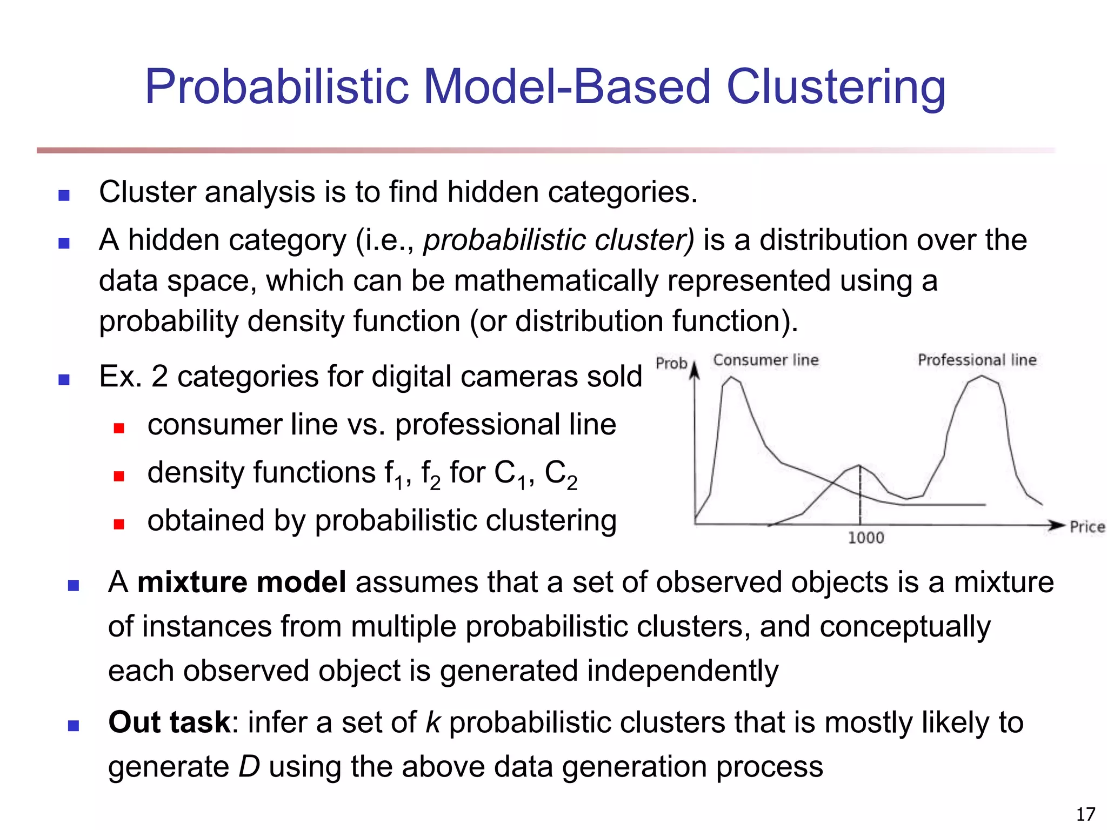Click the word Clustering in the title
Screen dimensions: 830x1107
click(835, 88)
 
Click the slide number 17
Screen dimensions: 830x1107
click(1085, 814)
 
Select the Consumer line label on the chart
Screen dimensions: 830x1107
click(765, 360)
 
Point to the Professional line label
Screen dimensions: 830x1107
click(977, 360)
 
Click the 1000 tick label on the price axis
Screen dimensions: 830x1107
click(865, 538)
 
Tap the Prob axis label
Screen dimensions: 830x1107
click(671, 363)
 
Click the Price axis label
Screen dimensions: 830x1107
click(1086, 527)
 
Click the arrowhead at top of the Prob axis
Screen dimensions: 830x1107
click(695, 370)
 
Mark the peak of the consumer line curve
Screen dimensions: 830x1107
click(731, 377)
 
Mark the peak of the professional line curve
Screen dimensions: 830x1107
click(982, 377)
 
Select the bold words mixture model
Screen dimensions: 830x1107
click(242, 583)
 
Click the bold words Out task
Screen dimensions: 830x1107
click(169, 722)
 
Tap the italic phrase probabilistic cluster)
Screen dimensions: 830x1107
click(558, 240)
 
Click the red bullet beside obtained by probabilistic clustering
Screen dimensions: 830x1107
click(119, 524)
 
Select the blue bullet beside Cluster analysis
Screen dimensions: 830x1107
click(64, 195)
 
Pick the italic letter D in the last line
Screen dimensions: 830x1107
click(249, 767)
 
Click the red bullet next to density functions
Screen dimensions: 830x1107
click(119, 476)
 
